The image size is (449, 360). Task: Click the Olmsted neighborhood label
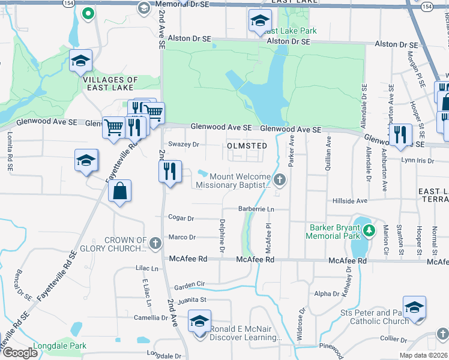246,146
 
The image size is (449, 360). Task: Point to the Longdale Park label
61,346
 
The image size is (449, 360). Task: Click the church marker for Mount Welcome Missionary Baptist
279,179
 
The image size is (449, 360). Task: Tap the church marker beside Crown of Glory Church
155,244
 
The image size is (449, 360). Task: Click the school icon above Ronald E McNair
200,320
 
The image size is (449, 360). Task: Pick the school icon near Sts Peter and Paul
414,307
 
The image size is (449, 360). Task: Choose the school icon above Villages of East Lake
80,60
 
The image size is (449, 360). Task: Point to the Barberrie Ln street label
256,209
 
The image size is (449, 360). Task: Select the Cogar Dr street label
182,218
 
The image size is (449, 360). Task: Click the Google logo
20,353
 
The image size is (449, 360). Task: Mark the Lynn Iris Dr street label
417,160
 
